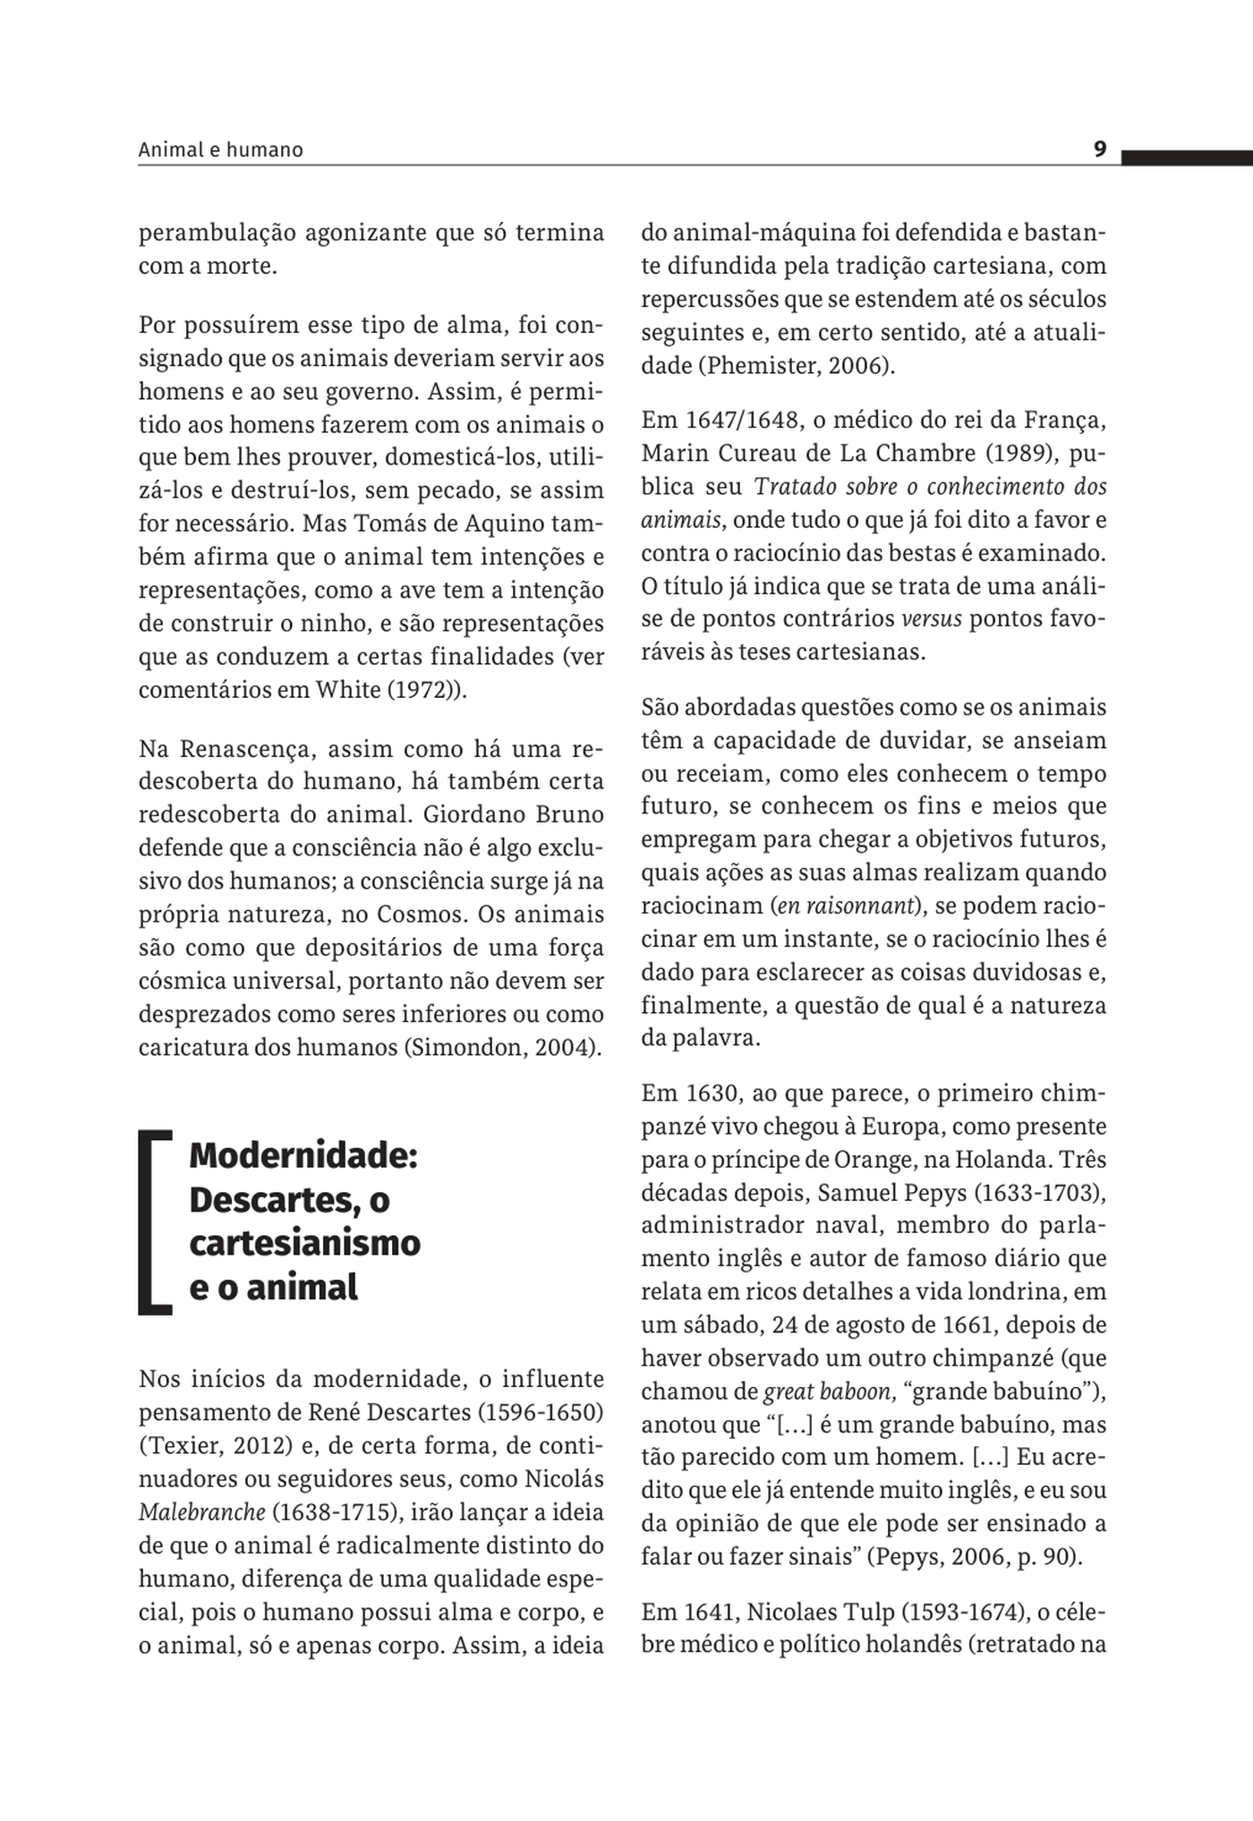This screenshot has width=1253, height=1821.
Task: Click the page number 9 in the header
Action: click(1100, 149)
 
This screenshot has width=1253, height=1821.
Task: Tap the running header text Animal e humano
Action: click(220, 150)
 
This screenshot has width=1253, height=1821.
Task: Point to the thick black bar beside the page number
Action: click(1187, 158)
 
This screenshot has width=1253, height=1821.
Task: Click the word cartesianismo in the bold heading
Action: click(304, 1243)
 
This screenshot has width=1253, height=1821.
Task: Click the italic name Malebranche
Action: click(201, 1512)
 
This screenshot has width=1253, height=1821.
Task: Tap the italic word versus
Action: click(932, 618)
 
